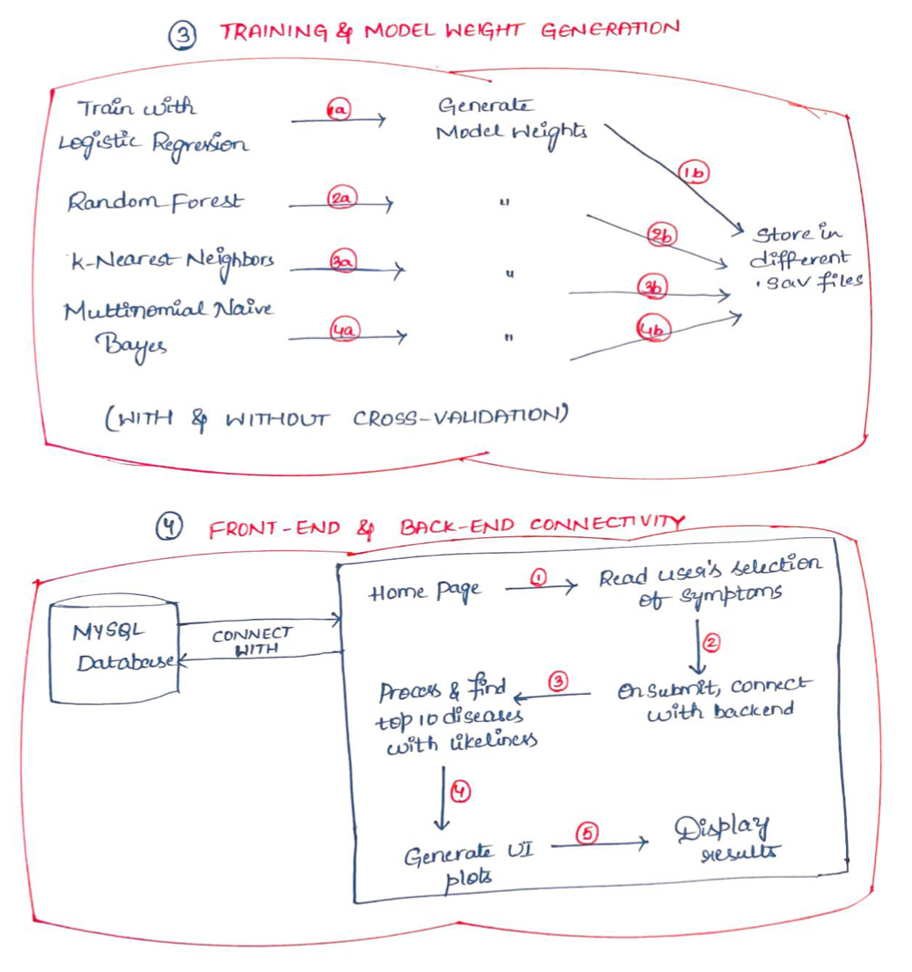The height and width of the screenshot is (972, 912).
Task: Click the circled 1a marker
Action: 339,111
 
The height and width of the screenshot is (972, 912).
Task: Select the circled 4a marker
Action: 342,332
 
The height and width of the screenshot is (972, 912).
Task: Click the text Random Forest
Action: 154,202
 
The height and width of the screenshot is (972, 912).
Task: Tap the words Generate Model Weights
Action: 511,121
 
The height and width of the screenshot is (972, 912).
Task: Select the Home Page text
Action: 425,593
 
